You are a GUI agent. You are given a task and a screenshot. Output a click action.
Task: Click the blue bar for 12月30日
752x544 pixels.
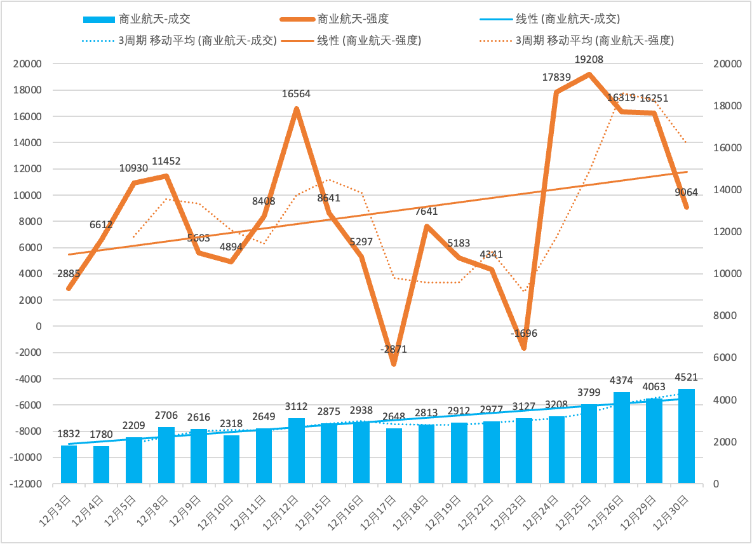(x=686, y=436)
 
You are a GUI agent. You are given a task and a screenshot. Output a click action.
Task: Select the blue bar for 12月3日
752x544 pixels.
(x=69, y=464)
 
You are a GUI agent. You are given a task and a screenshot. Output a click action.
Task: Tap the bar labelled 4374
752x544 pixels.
(x=621, y=437)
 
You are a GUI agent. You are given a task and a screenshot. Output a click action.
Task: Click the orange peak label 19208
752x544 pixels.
(x=589, y=60)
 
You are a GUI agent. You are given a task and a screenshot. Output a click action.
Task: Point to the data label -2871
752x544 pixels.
(x=394, y=349)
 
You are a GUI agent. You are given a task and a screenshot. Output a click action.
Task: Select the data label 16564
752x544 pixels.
(x=296, y=94)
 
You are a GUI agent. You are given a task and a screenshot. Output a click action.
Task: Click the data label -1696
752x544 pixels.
(x=523, y=333)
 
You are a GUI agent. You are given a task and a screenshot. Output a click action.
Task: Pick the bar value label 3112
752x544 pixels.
(x=296, y=407)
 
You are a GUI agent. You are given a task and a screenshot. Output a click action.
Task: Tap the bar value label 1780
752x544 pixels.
(x=101, y=435)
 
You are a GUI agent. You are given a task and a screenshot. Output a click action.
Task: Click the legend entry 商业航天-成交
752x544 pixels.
(x=152, y=19)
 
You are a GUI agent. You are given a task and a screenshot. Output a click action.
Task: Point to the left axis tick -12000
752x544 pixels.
(x=29, y=484)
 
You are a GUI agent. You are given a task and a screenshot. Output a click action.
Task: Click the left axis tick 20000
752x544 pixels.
(x=29, y=64)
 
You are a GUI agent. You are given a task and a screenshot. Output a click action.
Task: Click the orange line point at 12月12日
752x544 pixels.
(x=296, y=109)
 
